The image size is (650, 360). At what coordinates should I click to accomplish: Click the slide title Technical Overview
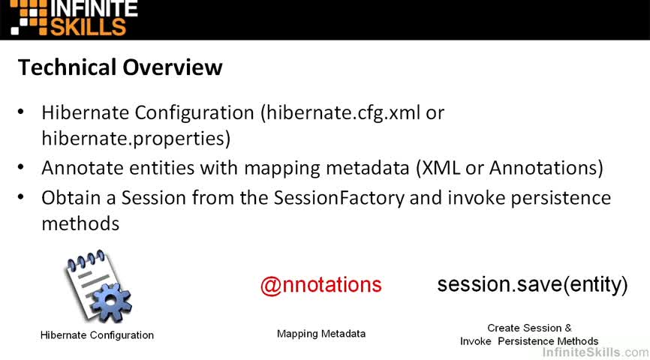(x=120, y=67)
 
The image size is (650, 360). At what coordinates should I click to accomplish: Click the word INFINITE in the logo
(x=94, y=9)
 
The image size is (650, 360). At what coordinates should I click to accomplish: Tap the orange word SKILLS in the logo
(x=88, y=27)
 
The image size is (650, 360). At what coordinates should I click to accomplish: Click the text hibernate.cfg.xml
(x=343, y=113)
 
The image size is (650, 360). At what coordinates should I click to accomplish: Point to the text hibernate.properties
(x=133, y=139)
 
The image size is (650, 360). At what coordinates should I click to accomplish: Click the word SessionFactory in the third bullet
(x=339, y=198)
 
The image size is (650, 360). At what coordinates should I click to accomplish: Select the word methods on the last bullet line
(x=80, y=223)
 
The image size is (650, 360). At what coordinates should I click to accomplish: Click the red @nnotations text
(x=320, y=285)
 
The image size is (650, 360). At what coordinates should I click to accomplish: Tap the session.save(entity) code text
(x=532, y=284)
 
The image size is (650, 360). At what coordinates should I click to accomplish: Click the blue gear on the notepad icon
(x=110, y=301)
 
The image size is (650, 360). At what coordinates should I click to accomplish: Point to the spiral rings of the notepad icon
(x=86, y=260)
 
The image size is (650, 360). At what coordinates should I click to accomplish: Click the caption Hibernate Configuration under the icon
(x=97, y=335)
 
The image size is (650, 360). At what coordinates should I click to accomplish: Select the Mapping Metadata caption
(x=321, y=334)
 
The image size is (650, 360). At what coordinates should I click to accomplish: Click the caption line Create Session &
(x=529, y=328)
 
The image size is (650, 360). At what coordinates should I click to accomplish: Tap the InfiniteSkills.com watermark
(x=596, y=352)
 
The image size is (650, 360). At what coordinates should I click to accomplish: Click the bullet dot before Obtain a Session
(x=21, y=197)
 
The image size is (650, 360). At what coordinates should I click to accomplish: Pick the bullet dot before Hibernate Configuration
(x=21, y=112)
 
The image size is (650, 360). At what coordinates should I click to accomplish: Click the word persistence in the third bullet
(x=561, y=199)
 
